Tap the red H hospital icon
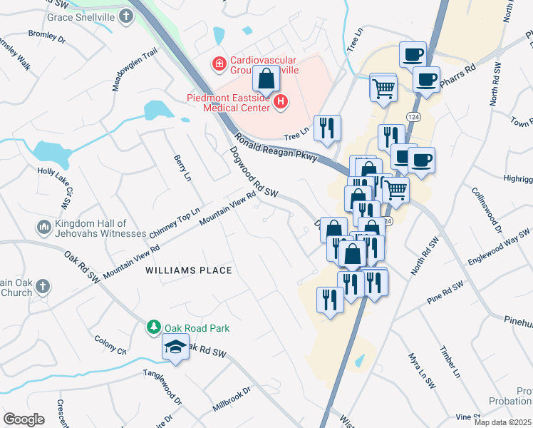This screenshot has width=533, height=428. click(x=281, y=103)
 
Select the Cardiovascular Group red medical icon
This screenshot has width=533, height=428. click(x=219, y=64)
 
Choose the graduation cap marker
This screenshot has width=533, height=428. click(x=175, y=347)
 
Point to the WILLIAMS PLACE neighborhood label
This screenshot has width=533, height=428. click(x=189, y=270)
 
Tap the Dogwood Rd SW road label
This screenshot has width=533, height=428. click(x=253, y=172)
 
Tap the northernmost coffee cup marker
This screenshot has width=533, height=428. click(x=413, y=54)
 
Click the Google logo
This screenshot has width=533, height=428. click(x=24, y=419)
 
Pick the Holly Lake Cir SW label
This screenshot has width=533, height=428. click(x=56, y=190)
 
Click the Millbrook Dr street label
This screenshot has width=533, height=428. click(x=232, y=400)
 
